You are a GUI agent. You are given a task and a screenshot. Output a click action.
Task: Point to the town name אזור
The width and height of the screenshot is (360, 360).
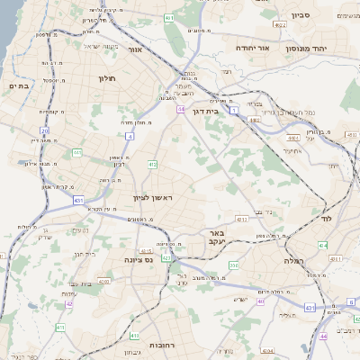[x=137, y=50]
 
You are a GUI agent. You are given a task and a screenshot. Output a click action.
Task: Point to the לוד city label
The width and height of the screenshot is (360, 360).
[x=326, y=219]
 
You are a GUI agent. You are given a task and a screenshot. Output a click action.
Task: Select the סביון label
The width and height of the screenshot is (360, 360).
[x=300, y=14]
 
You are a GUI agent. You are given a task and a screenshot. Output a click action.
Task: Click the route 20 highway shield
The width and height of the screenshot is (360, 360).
[x=44, y=132]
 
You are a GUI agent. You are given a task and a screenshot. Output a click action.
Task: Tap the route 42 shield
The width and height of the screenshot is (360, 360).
[x=68, y=303]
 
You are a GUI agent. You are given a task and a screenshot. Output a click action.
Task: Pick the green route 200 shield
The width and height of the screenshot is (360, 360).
[x=233, y=265]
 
